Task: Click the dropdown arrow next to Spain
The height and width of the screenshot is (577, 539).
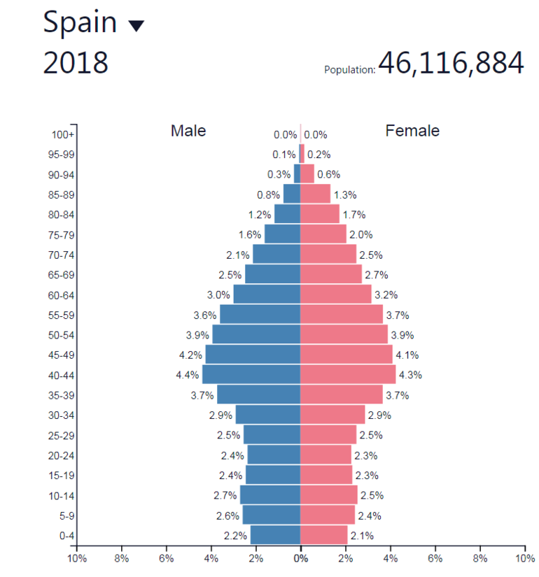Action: pyautogui.click(x=136, y=26)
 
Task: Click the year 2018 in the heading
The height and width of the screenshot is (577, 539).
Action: pyautogui.click(x=76, y=63)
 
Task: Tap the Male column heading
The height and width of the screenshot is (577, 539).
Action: pyautogui.click(x=188, y=131)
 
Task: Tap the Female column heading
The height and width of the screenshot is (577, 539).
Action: pyautogui.click(x=412, y=131)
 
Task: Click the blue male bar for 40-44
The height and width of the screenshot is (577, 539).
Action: pyautogui.click(x=251, y=375)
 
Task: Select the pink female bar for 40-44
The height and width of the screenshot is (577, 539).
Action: pyautogui.click(x=348, y=375)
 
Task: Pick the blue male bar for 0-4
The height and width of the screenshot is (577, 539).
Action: pyautogui.click(x=275, y=536)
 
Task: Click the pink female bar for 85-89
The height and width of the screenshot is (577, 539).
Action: pyautogui.click(x=315, y=194)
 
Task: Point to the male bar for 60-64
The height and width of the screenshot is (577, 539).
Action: pyautogui.click(x=267, y=294)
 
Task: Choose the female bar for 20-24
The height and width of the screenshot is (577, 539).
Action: pyautogui.click(x=325, y=455)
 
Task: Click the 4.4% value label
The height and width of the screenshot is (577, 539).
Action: pyautogui.click(x=188, y=376)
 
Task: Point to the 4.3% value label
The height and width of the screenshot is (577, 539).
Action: pyautogui.click(x=410, y=376)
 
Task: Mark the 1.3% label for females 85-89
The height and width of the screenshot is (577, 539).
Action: pyautogui.click(x=345, y=195)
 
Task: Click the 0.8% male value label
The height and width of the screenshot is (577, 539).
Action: pyautogui.click(x=268, y=195)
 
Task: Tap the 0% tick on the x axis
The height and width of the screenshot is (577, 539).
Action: pyautogui.click(x=300, y=559)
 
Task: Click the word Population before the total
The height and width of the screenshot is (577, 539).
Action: pyautogui.click(x=350, y=70)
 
